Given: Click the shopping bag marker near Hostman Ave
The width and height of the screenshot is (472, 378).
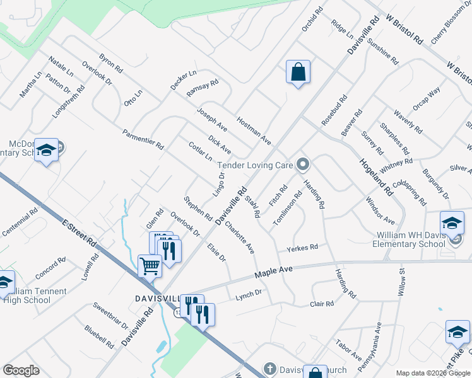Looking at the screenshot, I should (x=298, y=72).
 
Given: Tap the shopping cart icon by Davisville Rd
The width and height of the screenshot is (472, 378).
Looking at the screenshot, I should (x=150, y=265).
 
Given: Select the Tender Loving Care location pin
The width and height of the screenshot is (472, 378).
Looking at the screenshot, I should (x=303, y=165).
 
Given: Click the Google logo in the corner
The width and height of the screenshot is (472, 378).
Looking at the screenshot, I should (x=21, y=370).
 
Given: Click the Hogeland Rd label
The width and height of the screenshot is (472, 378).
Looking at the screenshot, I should (x=377, y=176).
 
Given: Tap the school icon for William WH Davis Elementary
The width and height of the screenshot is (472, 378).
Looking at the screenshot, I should (x=452, y=223).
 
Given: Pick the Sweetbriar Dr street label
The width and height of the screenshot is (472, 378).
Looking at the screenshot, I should (x=110, y=316).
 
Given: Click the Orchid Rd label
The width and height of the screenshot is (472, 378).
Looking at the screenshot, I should (x=312, y=19).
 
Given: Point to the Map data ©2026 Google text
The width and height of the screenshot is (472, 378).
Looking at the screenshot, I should (x=433, y=373).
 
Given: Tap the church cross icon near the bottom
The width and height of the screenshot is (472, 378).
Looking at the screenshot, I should (x=269, y=369).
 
